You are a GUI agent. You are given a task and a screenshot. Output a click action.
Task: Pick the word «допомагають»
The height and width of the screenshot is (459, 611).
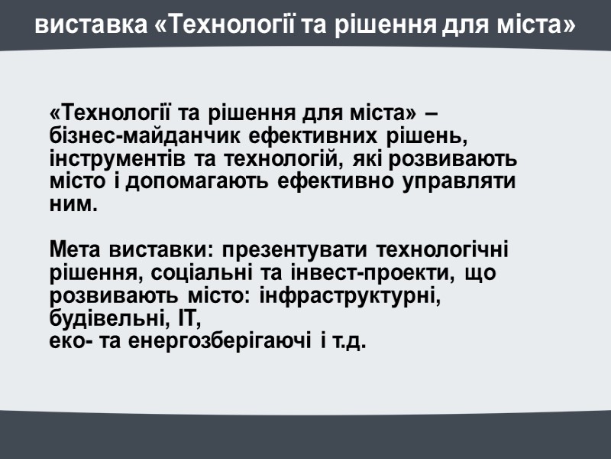pyautogui.click(x=196, y=184)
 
